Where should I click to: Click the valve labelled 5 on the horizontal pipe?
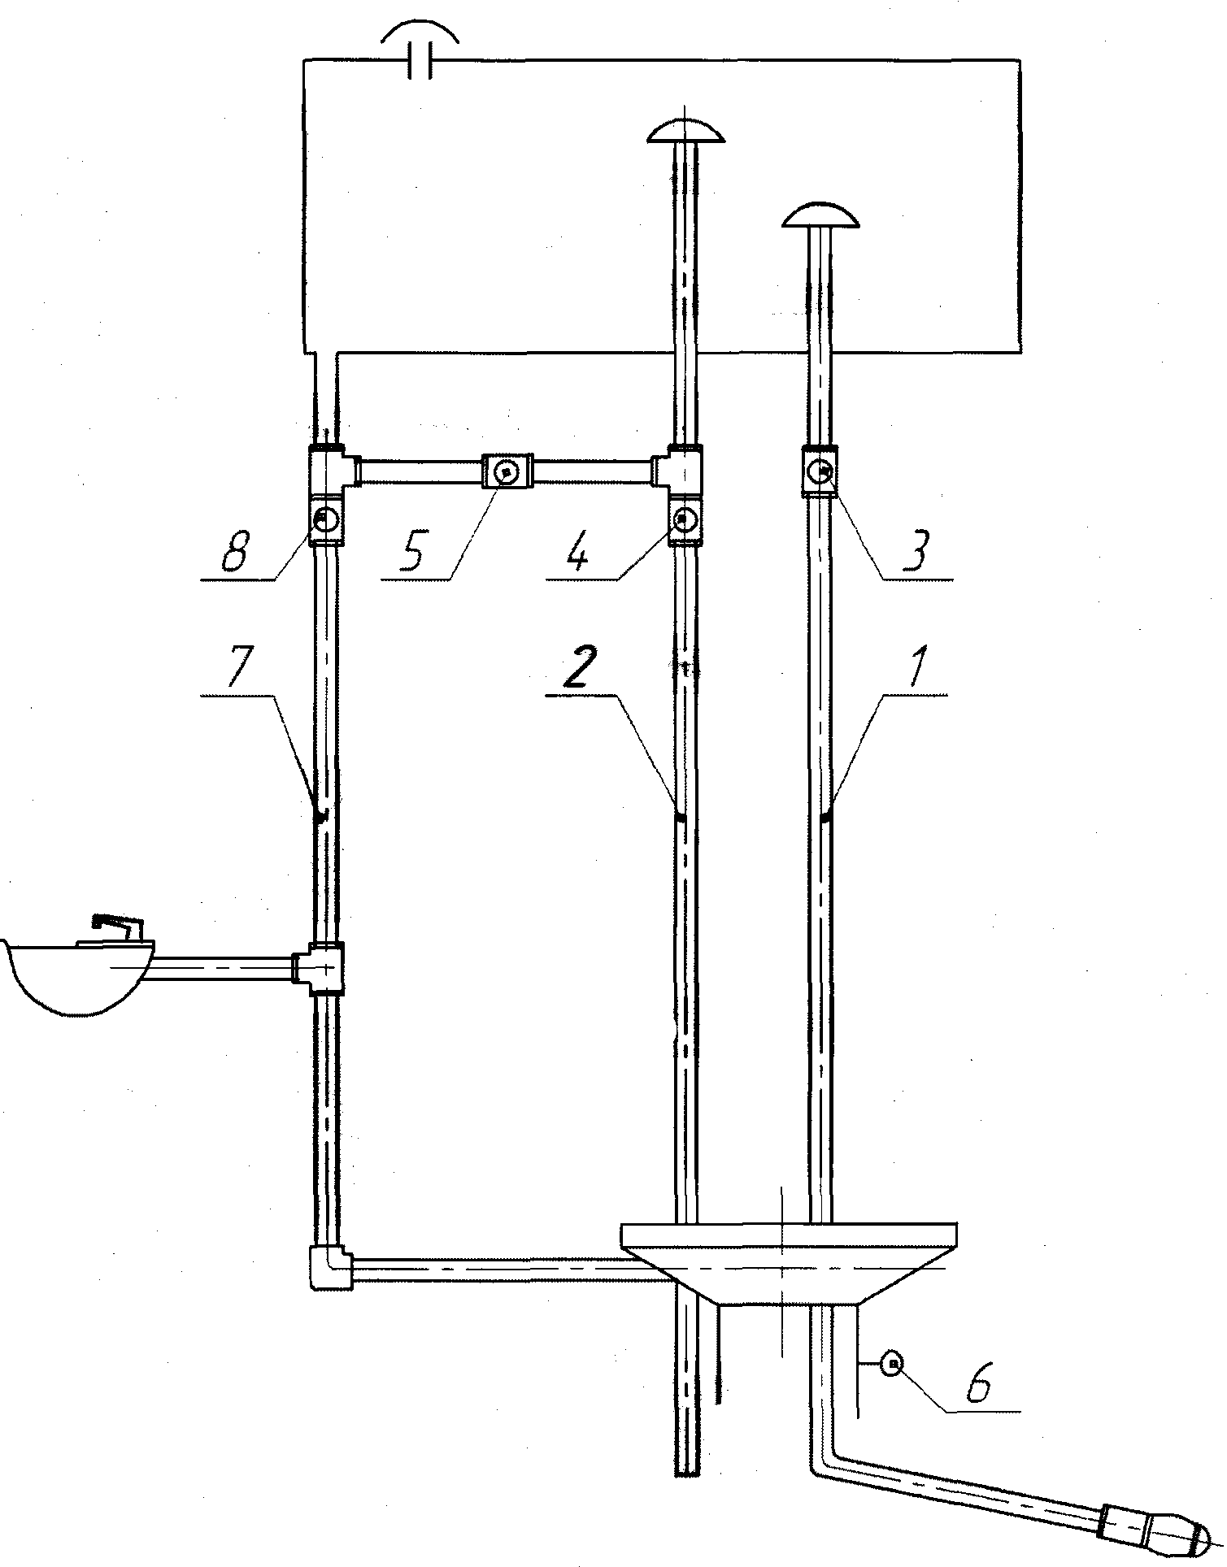click(507, 471)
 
